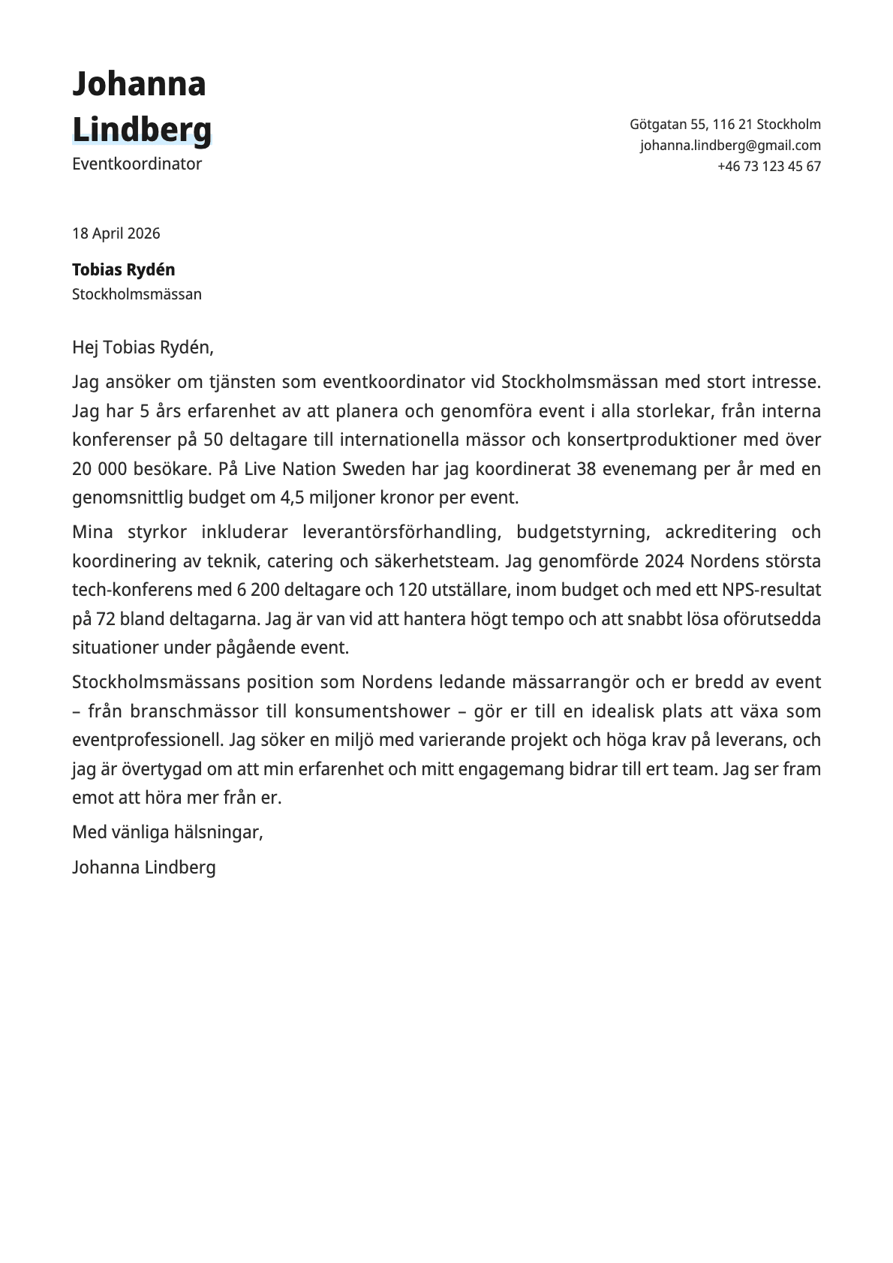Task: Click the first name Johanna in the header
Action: (139, 84)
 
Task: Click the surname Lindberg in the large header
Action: (142, 129)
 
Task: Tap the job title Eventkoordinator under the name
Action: (137, 164)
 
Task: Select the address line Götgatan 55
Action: (725, 125)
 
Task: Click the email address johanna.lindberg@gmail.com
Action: (730, 146)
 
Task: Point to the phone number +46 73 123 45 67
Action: (768, 167)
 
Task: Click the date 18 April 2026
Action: (116, 233)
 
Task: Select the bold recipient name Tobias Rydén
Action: (123, 269)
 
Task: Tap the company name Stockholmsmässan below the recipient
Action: (137, 294)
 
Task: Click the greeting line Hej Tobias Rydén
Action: (143, 347)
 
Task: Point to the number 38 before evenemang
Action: (586, 469)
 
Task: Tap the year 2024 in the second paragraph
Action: (664, 561)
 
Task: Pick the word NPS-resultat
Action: (771, 590)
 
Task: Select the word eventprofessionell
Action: (148, 740)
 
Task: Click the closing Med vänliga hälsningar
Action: (167, 832)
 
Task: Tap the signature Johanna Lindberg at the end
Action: (143, 868)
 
